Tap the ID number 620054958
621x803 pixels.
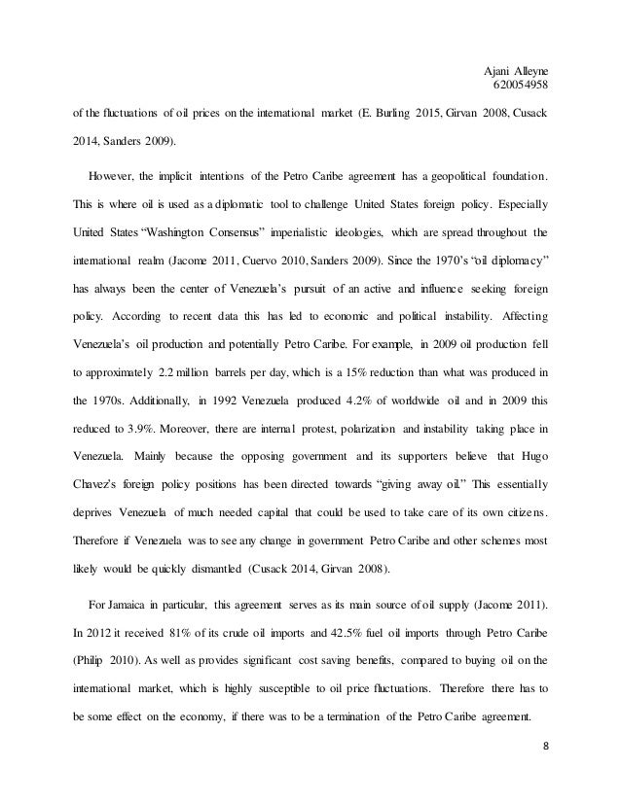point(522,85)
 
